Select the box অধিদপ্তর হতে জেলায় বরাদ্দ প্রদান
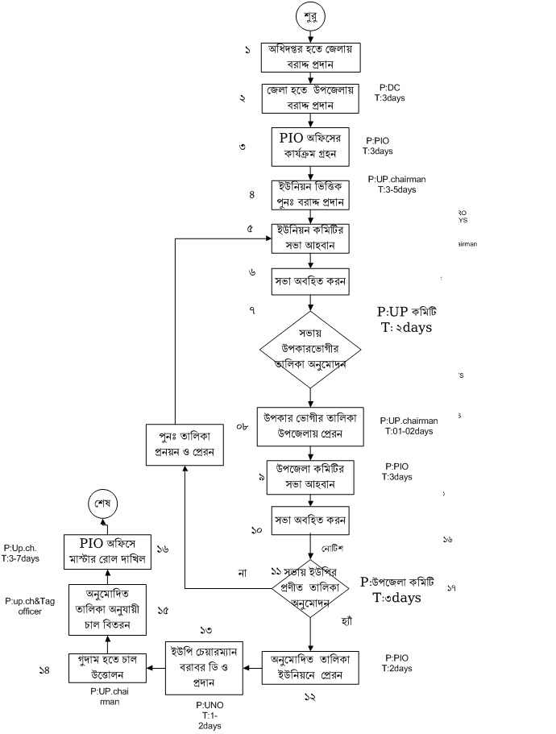point(311,56)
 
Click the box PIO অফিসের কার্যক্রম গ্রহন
point(311,143)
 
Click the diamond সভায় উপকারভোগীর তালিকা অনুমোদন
point(311,348)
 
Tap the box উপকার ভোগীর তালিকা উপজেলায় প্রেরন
point(311,427)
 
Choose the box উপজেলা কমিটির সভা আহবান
point(311,479)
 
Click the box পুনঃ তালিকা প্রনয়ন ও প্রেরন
point(185,444)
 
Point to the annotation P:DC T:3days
point(389,92)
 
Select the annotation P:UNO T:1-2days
point(210,715)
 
